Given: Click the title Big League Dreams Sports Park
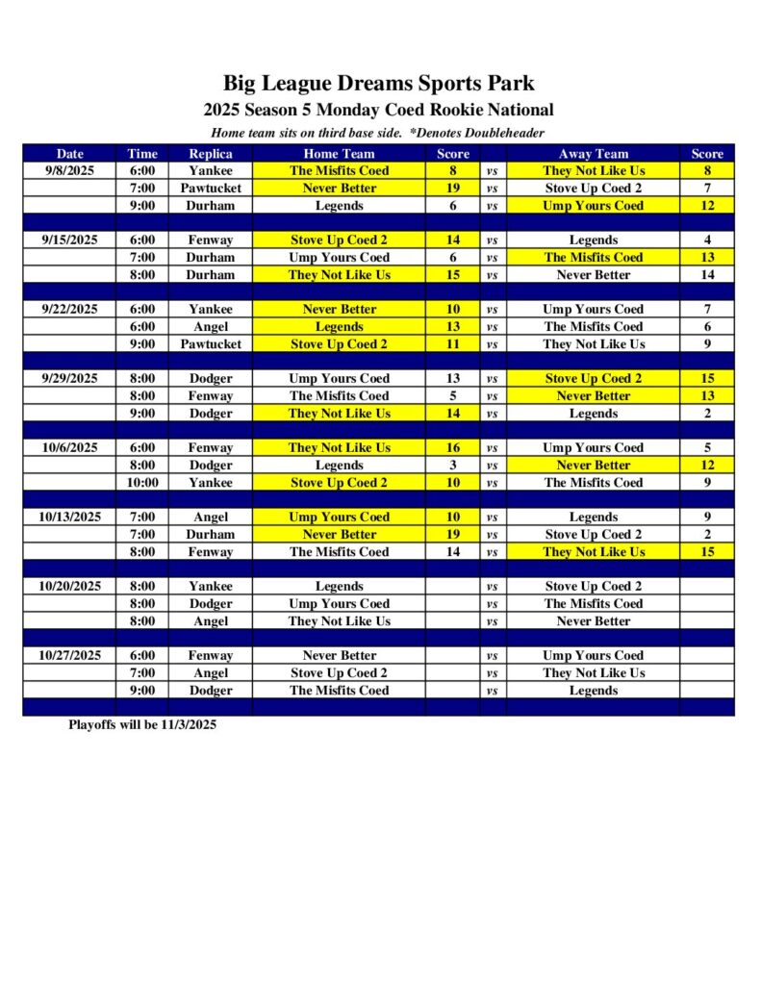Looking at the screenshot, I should click(x=378, y=83).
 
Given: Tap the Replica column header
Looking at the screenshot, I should click(x=210, y=153).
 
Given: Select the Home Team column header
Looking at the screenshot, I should click(x=339, y=153).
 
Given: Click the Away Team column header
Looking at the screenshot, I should click(x=593, y=153).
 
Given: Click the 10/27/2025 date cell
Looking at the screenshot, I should click(x=69, y=655).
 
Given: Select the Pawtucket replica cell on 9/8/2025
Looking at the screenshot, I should click(x=210, y=188).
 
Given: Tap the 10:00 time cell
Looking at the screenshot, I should click(x=142, y=482).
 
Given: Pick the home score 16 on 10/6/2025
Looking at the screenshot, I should click(x=453, y=447).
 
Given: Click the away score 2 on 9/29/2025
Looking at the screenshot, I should click(x=707, y=413).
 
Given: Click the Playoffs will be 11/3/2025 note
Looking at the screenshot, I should click(x=142, y=724).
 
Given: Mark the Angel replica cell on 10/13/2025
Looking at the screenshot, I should click(x=210, y=517).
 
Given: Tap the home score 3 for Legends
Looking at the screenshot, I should click(x=453, y=465).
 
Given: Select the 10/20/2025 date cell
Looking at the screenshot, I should click(x=69, y=586).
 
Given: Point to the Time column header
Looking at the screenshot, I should click(x=142, y=153).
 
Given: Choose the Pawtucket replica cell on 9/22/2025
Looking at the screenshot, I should click(x=210, y=343).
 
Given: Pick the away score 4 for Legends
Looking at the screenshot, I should click(x=707, y=240).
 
